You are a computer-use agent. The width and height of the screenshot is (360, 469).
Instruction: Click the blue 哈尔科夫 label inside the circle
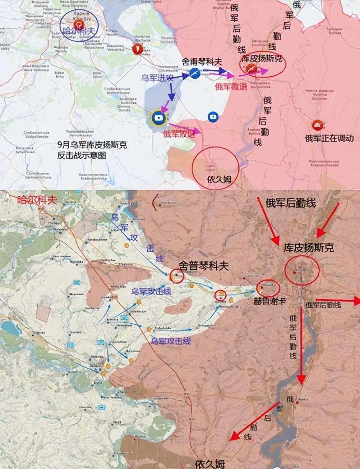[x=79, y=31]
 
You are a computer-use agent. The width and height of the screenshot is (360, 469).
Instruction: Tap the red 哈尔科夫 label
[x=37, y=200]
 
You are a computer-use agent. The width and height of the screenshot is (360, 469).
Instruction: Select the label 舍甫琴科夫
[x=202, y=62]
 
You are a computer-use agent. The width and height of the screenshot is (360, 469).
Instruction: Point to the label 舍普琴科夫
[x=204, y=266]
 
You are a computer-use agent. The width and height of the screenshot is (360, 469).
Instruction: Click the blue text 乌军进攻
[x=158, y=77]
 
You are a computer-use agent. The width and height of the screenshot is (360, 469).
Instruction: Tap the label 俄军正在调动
[x=329, y=138]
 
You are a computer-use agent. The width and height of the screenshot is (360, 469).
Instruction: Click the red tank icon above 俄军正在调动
[x=318, y=124]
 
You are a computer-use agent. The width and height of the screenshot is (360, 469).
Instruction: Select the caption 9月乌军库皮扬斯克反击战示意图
[x=92, y=150]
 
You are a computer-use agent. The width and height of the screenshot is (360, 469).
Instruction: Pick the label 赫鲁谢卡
[x=269, y=300]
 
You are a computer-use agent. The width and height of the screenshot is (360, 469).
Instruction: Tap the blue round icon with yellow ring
[x=158, y=118]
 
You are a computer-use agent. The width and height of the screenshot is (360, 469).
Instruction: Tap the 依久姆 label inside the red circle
[x=219, y=179]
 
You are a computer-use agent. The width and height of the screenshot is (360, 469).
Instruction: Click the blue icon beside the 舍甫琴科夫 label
[x=194, y=73]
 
